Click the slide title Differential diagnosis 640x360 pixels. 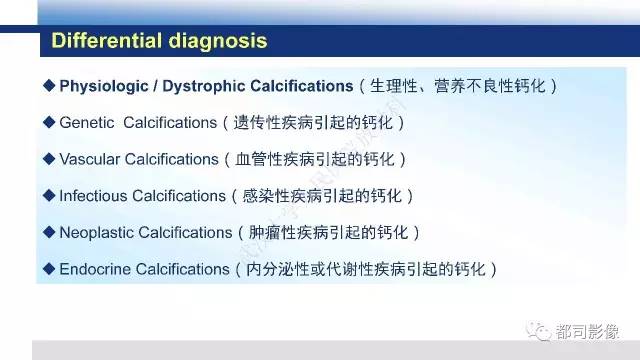[x=159, y=42]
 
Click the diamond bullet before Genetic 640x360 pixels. [x=50, y=122]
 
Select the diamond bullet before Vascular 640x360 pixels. [x=50, y=159]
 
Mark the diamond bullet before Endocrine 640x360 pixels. [x=50, y=268]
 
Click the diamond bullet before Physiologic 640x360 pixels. [x=50, y=86]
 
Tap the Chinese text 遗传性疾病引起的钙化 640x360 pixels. [x=316, y=122]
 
